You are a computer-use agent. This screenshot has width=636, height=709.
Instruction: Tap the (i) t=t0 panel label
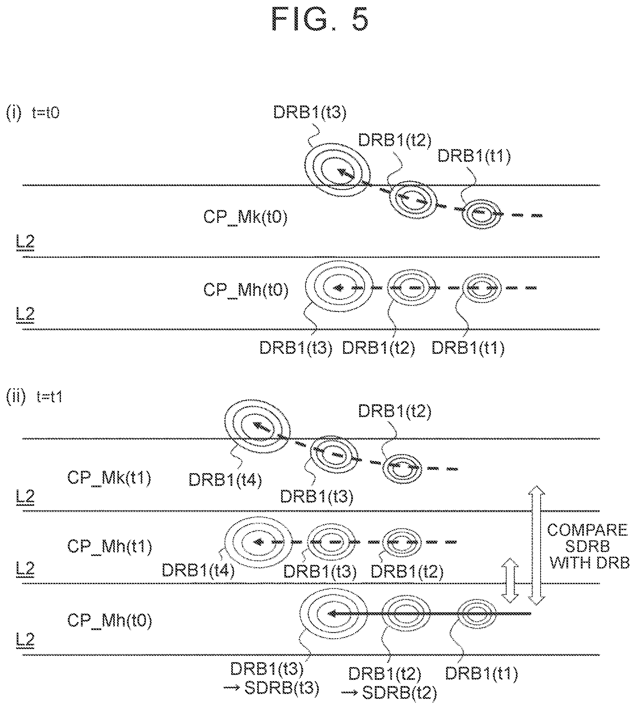pyautogui.click(x=33, y=113)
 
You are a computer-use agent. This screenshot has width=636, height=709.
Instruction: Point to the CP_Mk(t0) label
pyautogui.click(x=245, y=217)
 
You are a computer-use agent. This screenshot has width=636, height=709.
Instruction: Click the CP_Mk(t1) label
pyautogui.click(x=109, y=477)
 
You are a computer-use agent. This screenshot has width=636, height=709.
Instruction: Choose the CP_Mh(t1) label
pyautogui.click(x=109, y=546)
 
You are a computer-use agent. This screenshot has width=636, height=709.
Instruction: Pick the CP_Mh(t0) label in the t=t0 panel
pyautogui.click(x=246, y=290)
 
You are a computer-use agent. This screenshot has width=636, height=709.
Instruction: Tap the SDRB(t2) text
pyautogui.click(x=400, y=693)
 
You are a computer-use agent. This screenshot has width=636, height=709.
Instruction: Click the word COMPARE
pyautogui.click(x=587, y=530)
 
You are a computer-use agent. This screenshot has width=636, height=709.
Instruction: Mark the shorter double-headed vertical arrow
pyautogui.click(x=510, y=581)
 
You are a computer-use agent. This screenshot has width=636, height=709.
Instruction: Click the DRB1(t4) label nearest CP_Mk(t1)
pyautogui.click(x=225, y=480)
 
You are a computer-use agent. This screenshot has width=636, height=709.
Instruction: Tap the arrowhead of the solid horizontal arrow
pyautogui.click(x=331, y=613)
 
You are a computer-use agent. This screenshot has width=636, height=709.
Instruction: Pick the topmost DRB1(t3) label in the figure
pyautogui.click(x=310, y=112)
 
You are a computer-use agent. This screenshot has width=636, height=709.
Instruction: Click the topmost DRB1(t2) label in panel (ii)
pyautogui.click(x=395, y=411)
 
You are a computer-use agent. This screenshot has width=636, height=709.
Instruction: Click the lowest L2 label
pyautogui.click(x=25, y=640)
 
